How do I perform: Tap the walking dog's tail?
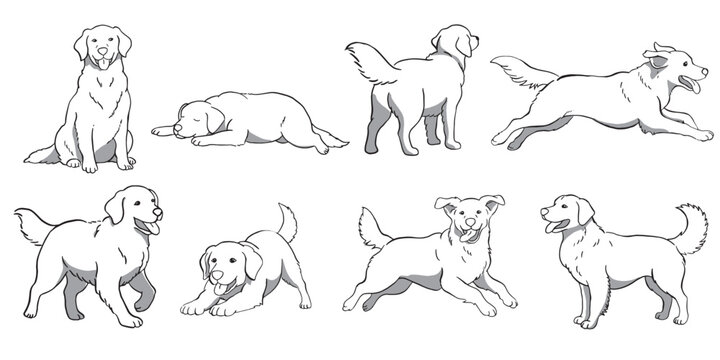pyautogui.click(x=32, y=224)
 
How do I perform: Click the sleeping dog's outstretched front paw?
pyautogui.click(x=162, y=131)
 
